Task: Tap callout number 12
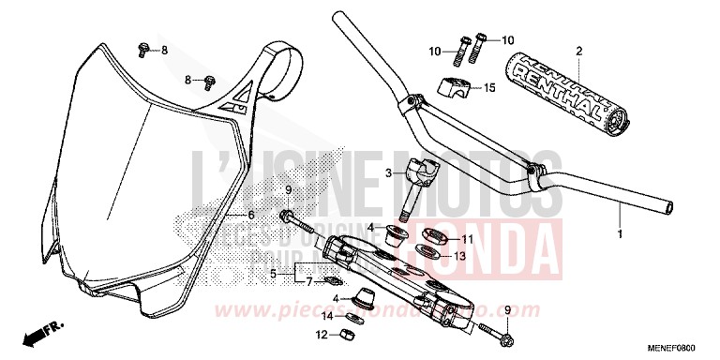coord(322,334)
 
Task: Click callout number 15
coord(488,89)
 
